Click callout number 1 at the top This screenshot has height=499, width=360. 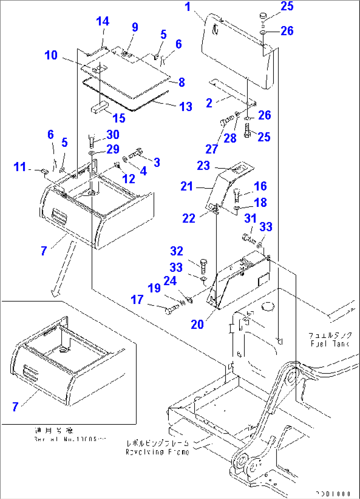[188, 7]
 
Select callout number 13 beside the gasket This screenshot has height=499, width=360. [186, 107]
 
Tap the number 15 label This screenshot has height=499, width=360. [119, 118]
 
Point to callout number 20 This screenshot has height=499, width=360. [197, 324]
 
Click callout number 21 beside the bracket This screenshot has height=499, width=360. [187, 186]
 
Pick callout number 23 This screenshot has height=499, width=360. [203, 165]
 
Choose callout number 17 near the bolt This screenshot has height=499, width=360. [137, 300]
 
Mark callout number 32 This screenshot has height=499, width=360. [177, 251]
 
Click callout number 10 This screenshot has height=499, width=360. [51, 55]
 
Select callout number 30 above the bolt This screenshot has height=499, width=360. [113, 135]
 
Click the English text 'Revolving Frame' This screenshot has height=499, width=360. [158, 452]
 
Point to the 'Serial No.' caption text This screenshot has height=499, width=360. [70, 439]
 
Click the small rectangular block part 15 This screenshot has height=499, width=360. [99, 108]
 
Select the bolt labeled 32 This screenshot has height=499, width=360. [203, 266]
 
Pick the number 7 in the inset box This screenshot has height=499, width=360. [15, 407]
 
